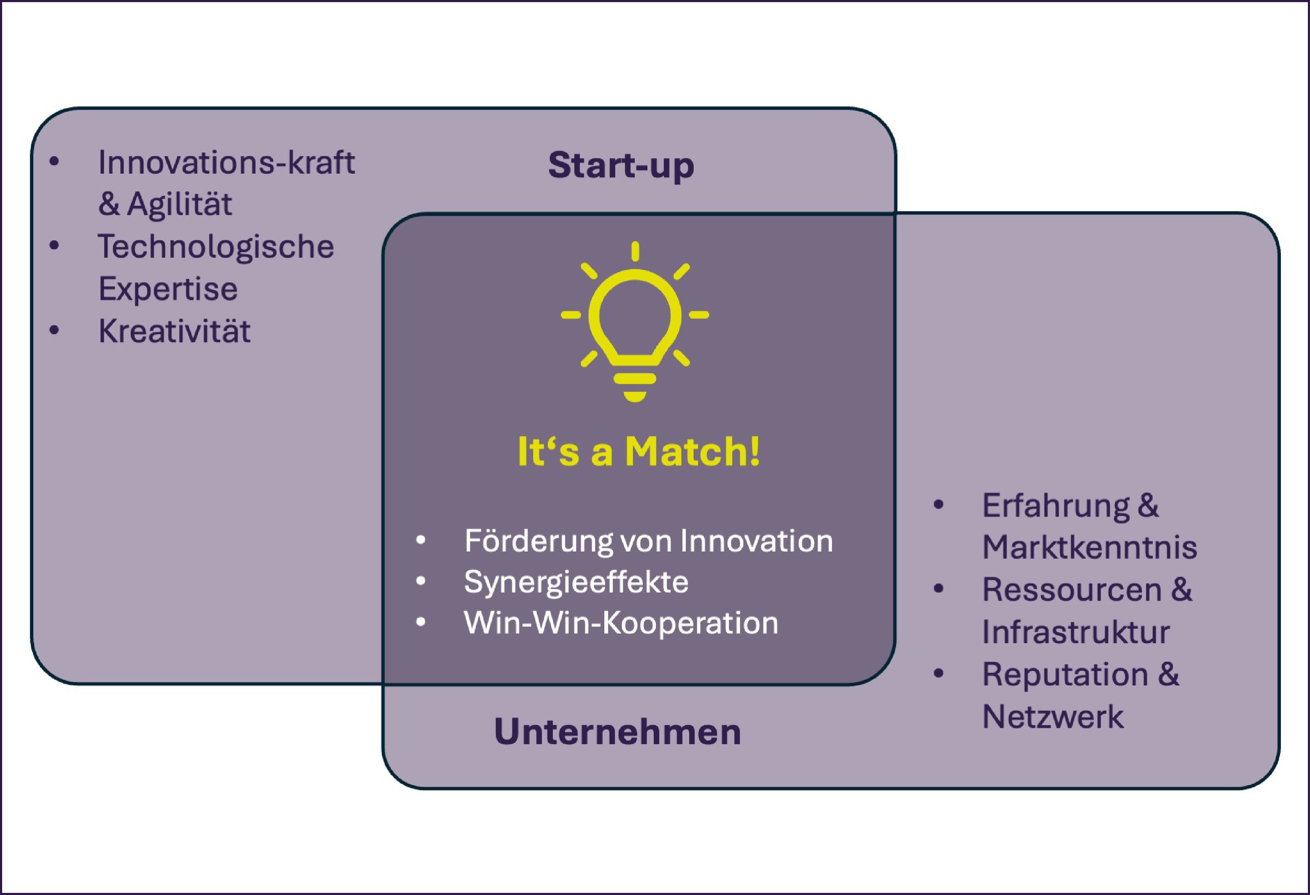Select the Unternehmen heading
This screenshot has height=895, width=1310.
pyautogui.click(x=617, y=732)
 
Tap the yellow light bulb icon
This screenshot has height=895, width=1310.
pyautogui.click(x=635, y=321)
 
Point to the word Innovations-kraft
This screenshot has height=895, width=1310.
pyautogui.click(x=226, y=163)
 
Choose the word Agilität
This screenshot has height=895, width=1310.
pyautogui.click(x=179, y=204)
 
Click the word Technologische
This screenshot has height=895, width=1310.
pyautogui.click(x=216, y=247)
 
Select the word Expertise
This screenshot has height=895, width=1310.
pyautogui.click(x=168, y=289)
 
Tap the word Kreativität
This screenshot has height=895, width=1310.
pyautogui.click(x=174, y=331)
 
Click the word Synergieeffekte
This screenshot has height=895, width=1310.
pyautogui.click(x=576, y=582)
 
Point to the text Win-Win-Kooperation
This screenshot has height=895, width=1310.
pyautogui.click(x=621, y=623)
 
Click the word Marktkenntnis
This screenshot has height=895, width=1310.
pyautogui.click(x=1089, y=547)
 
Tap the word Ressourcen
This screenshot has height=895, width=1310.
pyautogui.click(x=1072, y=590)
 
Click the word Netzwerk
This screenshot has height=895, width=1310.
pyautogui.click(x=1053, y=716)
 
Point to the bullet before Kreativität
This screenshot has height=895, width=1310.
pyautogui.click(x=54, y=330)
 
